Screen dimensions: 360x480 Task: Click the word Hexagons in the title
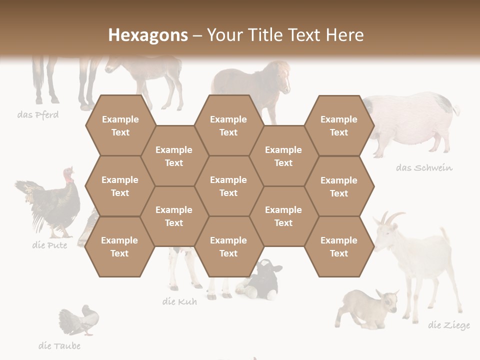(148, 35)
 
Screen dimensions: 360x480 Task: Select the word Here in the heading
(345, 35)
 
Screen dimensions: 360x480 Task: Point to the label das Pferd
(38, 115)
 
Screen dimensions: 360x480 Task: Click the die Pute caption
(49, 245)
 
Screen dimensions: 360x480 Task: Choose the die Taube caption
(59, 345)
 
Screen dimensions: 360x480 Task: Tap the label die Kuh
(179, 301)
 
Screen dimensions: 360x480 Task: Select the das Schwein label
(424, 167)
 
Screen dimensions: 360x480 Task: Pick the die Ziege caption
(449, 325)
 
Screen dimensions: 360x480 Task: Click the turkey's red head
(68, 174)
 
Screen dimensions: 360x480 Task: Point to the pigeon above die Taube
(80, 320)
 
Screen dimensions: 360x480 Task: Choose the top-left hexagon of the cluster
(120, 125)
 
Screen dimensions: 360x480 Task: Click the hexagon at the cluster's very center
(228, 186)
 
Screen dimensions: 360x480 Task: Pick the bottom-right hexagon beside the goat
(339, 246)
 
